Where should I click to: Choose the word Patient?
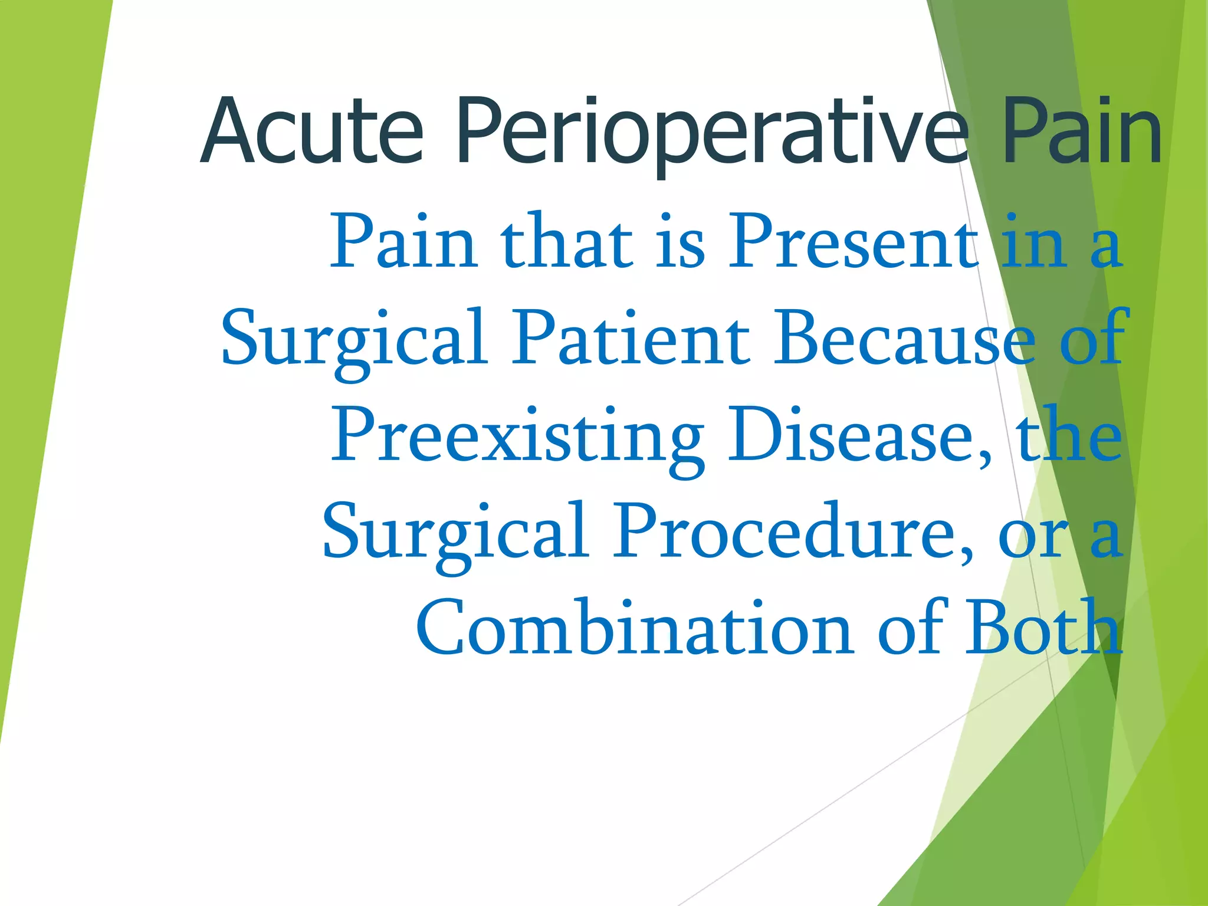tap(630, 337)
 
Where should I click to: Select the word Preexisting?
tap(517, 436)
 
